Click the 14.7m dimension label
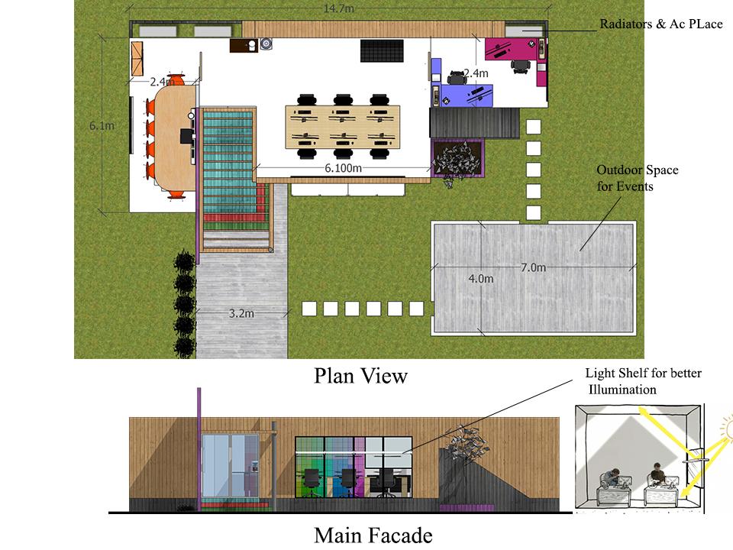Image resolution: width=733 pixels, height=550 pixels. click(338, 8)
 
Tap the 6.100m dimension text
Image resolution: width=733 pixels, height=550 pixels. click(343, 168)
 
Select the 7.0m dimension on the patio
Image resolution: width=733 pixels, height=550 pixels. click(534, 267)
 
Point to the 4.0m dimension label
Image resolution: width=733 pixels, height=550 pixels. click(481, 279)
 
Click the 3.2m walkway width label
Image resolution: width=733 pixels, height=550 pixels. click(241, 313)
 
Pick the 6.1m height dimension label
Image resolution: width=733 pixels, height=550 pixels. click(102, 126)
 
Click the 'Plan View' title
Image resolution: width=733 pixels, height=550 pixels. click(360, 376)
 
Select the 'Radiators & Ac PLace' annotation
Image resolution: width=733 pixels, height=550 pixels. click(661, 24)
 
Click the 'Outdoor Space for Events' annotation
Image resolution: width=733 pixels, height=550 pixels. click(638, 178)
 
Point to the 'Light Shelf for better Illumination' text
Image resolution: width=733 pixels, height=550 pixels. click(643, 381)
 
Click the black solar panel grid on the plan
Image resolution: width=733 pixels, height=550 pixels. click(382, 50)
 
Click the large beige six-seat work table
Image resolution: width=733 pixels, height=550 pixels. click(343, 128)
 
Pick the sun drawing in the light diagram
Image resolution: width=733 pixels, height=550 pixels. click(728, 427)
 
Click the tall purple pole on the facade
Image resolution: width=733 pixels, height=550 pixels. click(199, 449)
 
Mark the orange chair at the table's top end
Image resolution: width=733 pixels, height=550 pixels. click(176, 78)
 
